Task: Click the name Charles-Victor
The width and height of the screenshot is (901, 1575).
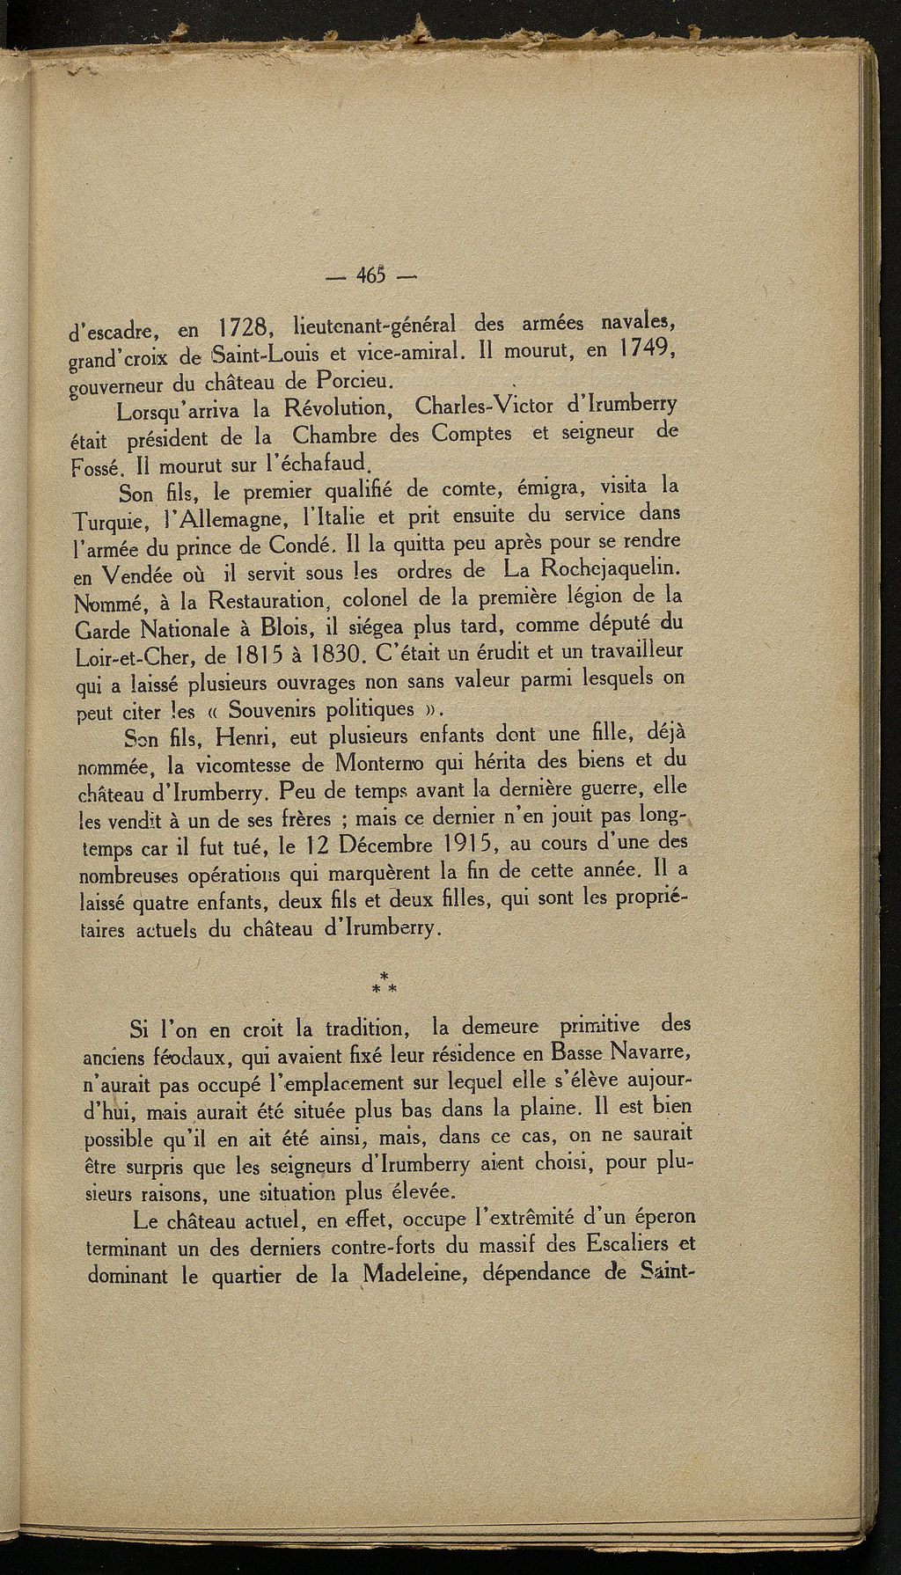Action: point(495,408)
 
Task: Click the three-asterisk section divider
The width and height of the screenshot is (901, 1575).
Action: point(385,984)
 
